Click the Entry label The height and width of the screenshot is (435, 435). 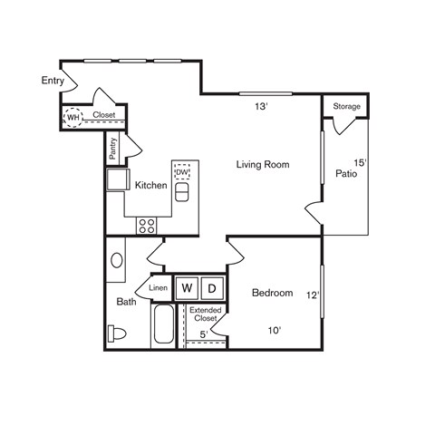tap(53, 81)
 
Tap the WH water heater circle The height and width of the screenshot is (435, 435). tap(72, 116)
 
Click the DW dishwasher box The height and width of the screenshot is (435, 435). tap(181, 171)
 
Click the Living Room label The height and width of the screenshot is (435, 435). tap(263, 164)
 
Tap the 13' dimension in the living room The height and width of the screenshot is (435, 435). tap(261, 106)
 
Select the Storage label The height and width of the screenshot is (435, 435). tap(346, 107)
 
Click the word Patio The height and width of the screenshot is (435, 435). tap(345, 173)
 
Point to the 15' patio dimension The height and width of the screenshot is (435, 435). tap(360, 163)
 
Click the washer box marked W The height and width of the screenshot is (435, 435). tap(187, 287)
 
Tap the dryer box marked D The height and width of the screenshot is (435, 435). tap(211, 287)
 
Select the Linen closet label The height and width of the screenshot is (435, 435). tap(158, 288)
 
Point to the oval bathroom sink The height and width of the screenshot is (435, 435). tap(117, 261)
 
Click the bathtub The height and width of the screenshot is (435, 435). tap(163, 325)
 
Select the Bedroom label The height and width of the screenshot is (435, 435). tap(273, 293)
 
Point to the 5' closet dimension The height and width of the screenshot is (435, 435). tap(204, 335)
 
